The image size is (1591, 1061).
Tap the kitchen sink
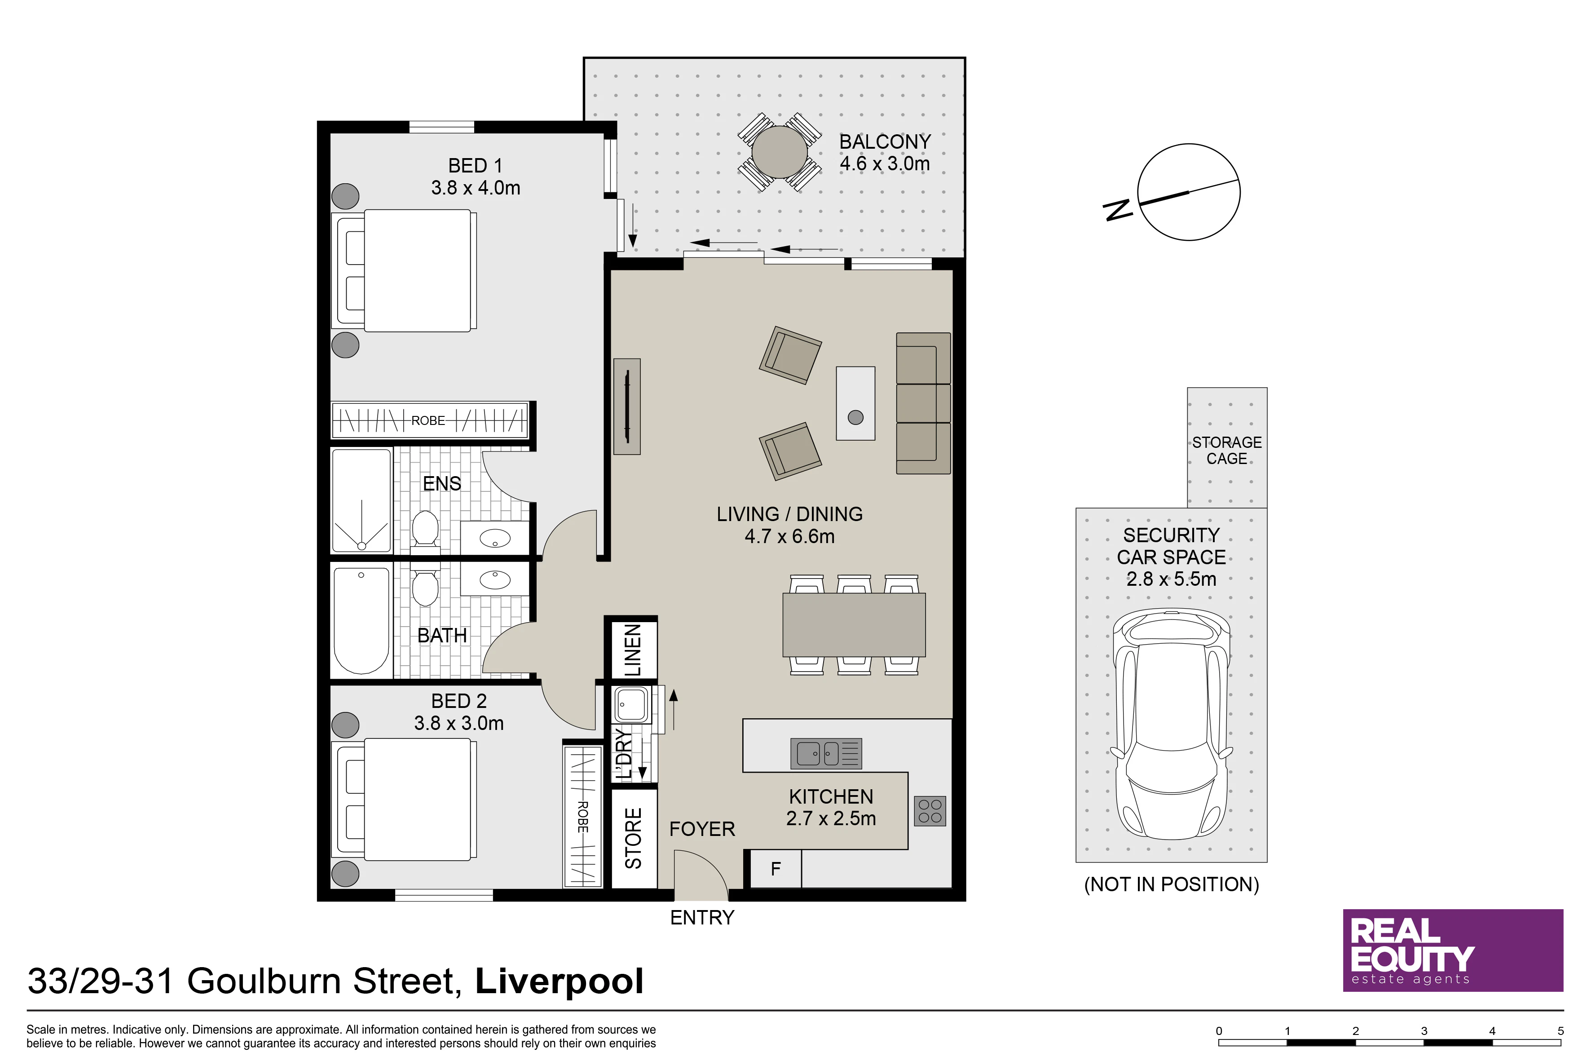tap(826, 753)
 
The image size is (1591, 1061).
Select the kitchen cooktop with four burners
tap(930, 811)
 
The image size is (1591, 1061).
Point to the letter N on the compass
tap(1119, 210)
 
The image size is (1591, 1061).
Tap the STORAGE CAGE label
tap(1226, 450)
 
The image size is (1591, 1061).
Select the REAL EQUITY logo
tap(1453, 950)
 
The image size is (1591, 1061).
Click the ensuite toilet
tap(426, 528)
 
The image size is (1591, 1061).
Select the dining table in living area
tap(854, 624)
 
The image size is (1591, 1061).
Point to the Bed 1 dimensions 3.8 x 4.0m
tap(476, 187)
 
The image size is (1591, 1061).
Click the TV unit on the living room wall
tap(627, 406)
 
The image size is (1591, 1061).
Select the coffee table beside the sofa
tap(856, 403)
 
